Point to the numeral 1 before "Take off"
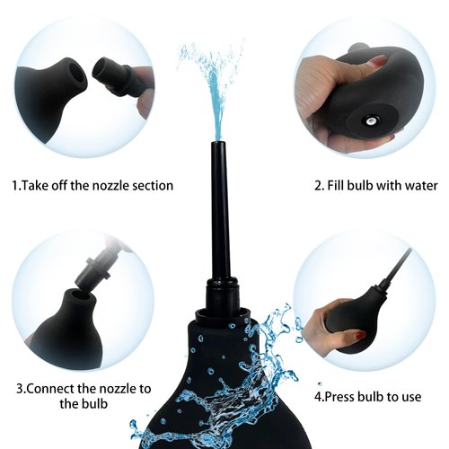[14, 186]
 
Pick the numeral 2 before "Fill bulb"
[317, 186]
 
